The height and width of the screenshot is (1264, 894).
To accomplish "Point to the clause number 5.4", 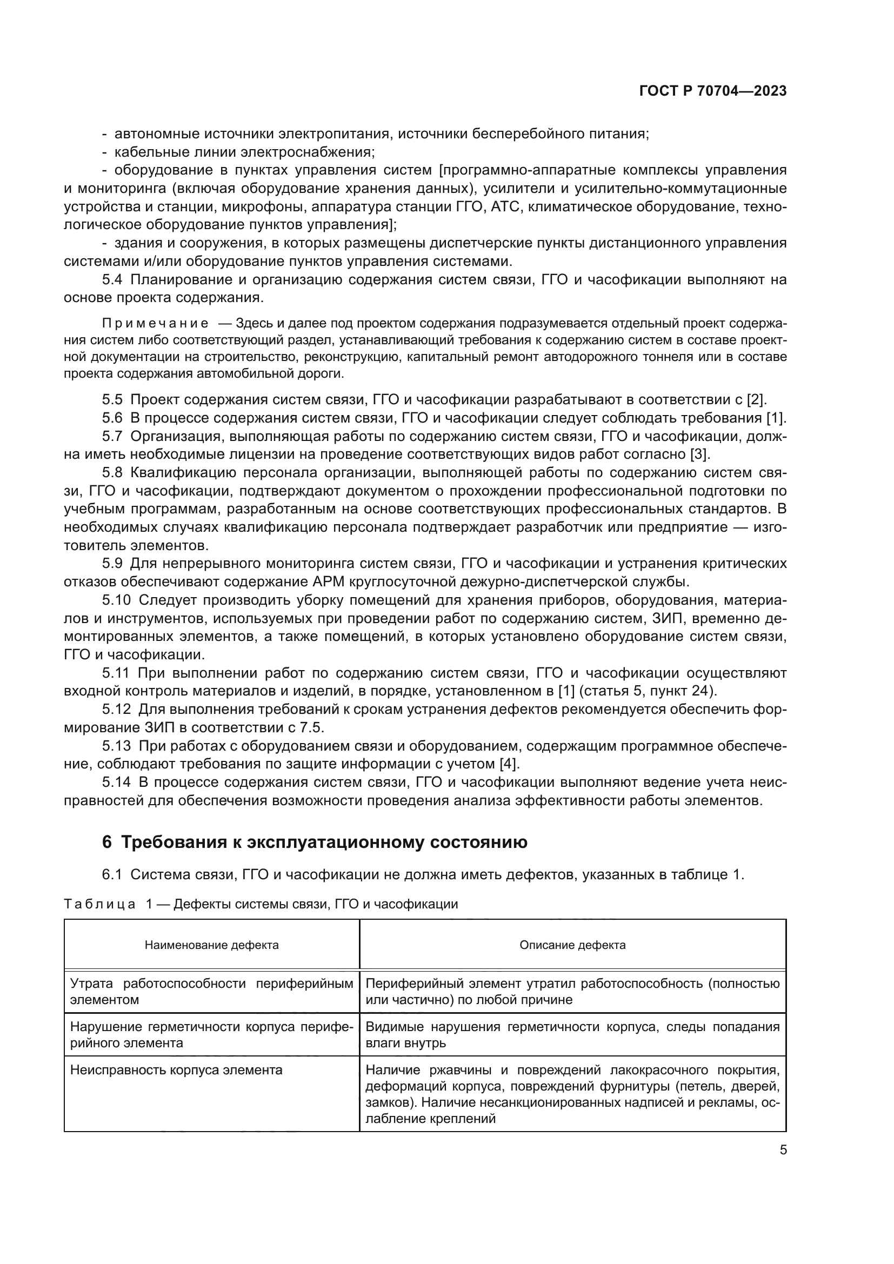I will pos(112,280).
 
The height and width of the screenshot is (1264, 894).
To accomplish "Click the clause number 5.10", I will pos(116,600).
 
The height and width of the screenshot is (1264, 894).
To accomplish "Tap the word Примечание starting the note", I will pos(155,323).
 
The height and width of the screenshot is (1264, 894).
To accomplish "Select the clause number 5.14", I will pos(116,782).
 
